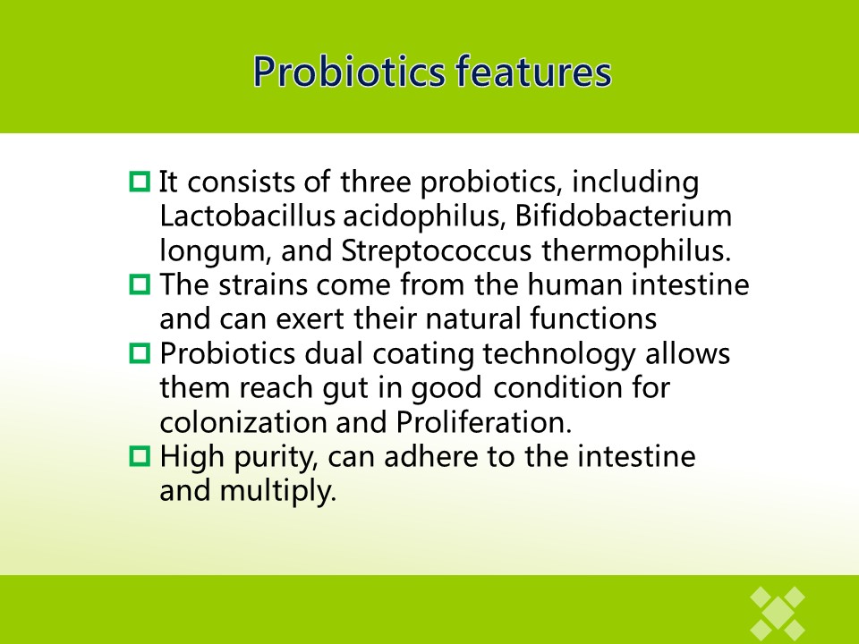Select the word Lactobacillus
[247, 216]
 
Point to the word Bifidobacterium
[623, 216]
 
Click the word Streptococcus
[436, 251]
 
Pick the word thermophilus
[636, 251]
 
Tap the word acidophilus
[424, 216]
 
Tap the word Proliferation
[484, 422]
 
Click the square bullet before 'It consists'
[140, 182]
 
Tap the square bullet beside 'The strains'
[140, 284]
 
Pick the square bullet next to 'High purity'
[140, 456]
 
